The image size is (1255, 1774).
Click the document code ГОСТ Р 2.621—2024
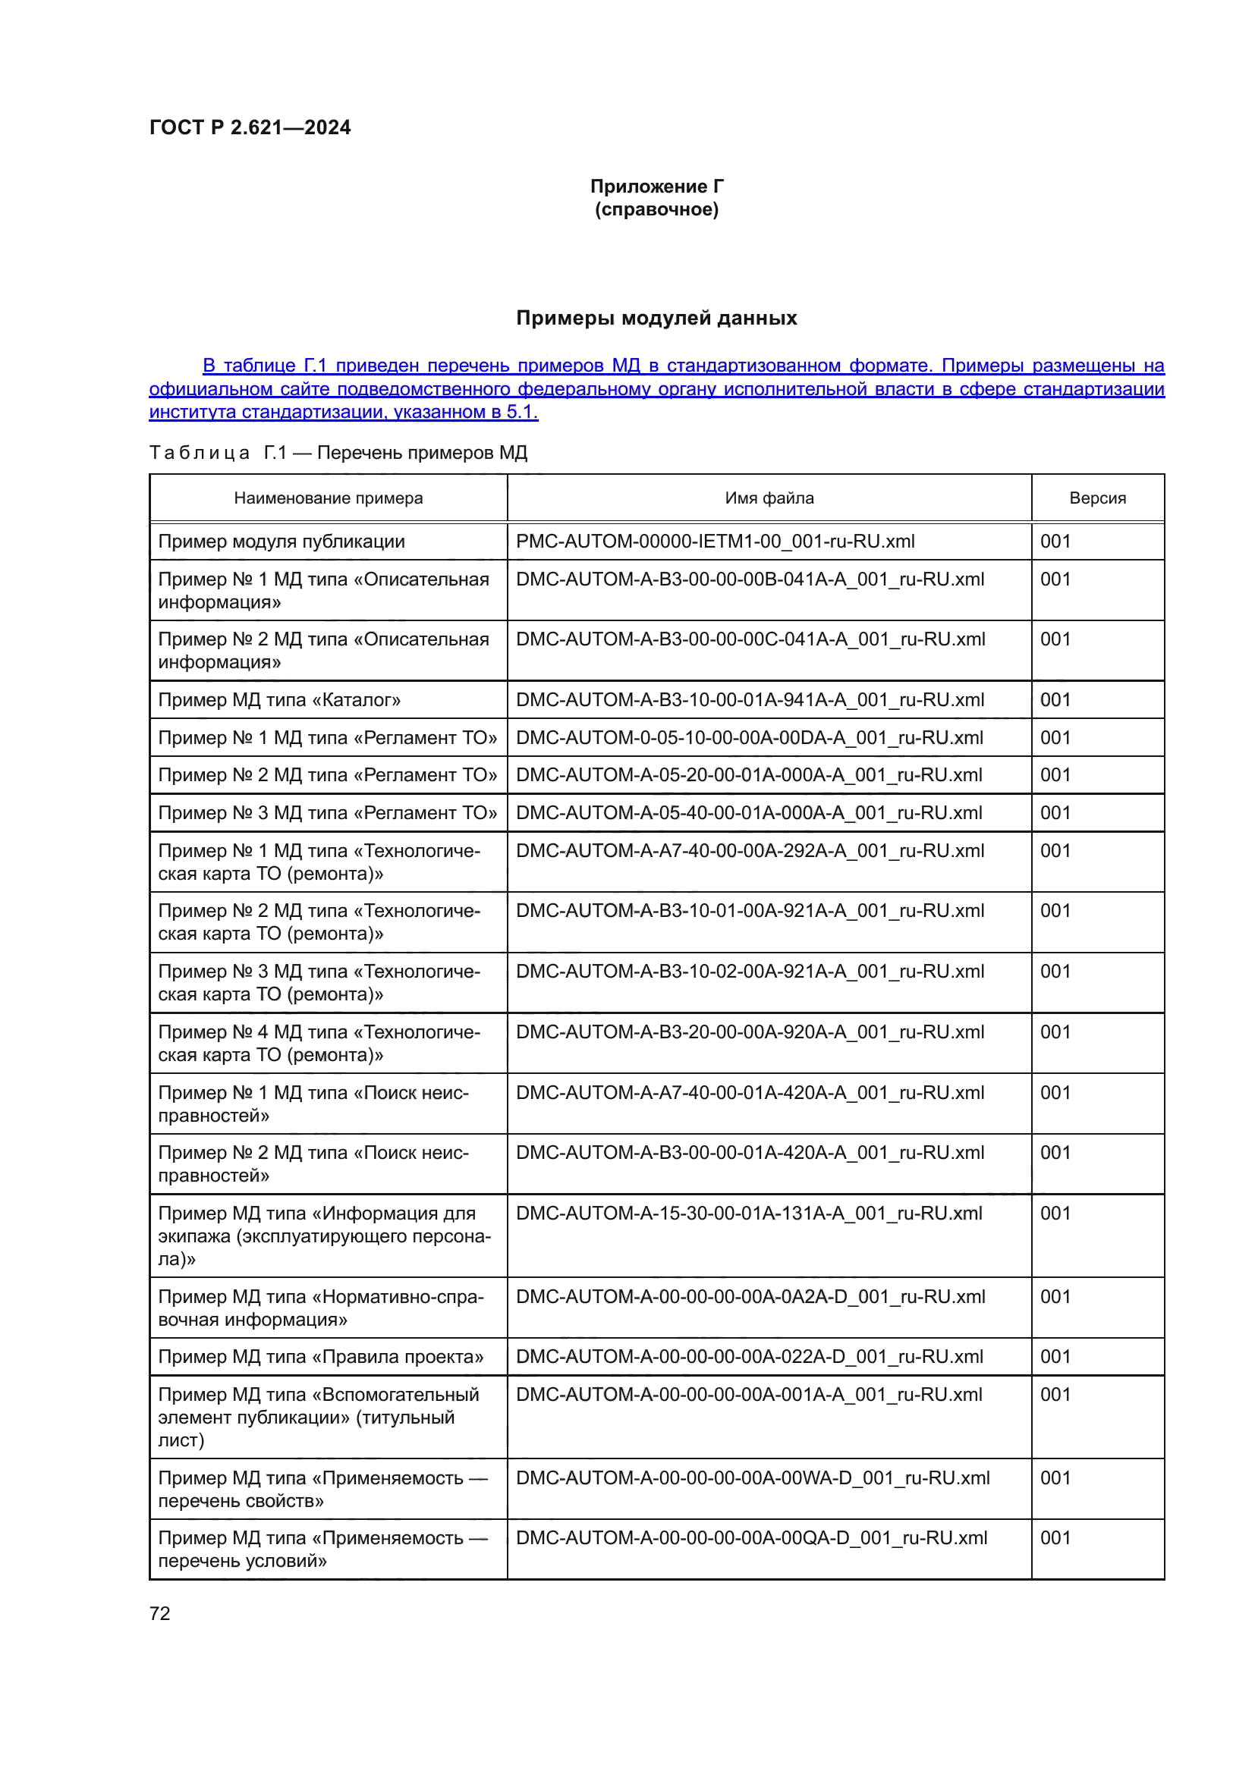pos(250,127)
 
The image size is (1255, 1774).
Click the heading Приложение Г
pos(656,187)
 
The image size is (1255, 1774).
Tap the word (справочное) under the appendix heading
pos(656,209)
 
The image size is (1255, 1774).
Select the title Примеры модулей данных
pos(656,318)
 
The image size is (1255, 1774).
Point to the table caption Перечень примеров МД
pos(422,453)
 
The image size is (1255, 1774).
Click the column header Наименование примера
pos(329,498)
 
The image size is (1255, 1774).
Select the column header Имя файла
pos(769,498)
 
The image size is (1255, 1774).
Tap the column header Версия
pos(1096,498)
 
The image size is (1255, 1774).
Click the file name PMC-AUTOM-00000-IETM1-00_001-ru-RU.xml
pos(715,542)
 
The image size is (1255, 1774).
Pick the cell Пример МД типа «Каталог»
pos(279,700)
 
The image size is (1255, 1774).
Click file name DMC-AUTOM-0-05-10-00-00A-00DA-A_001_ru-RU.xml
pos(749,738)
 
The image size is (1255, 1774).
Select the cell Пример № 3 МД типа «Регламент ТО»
pos(328,813)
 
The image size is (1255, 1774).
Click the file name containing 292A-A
pos(750,851)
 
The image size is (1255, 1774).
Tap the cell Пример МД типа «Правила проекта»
pos(321,1357)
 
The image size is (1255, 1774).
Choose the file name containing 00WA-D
pos(752,1478)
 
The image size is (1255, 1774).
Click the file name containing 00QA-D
pos(751,1537)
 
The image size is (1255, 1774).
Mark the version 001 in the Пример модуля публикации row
pos(1055,542)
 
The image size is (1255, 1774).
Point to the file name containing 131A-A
pos(748,1213)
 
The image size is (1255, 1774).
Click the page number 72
pos(160,1613)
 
